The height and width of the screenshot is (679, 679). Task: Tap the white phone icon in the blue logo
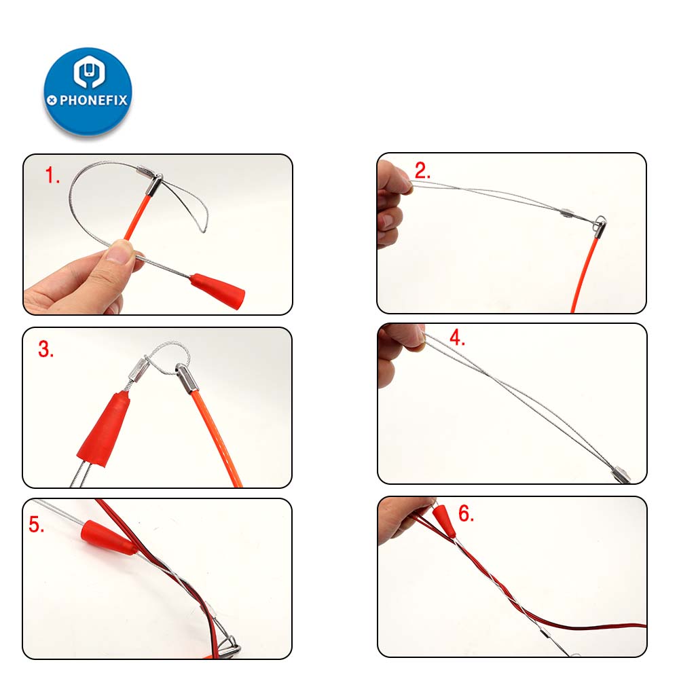click(x=88, y=74)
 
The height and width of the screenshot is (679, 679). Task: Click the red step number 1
click(x=52, y=177)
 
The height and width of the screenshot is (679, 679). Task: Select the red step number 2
click(x=422, y=171)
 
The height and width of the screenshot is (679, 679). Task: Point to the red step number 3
click(x=45, y=350)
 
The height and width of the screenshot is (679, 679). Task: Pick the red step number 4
click(x=457, y=338)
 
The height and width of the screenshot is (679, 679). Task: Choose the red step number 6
click(x=466, y=514)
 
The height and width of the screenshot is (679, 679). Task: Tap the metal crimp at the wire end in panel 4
click(x=621, y=473)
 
